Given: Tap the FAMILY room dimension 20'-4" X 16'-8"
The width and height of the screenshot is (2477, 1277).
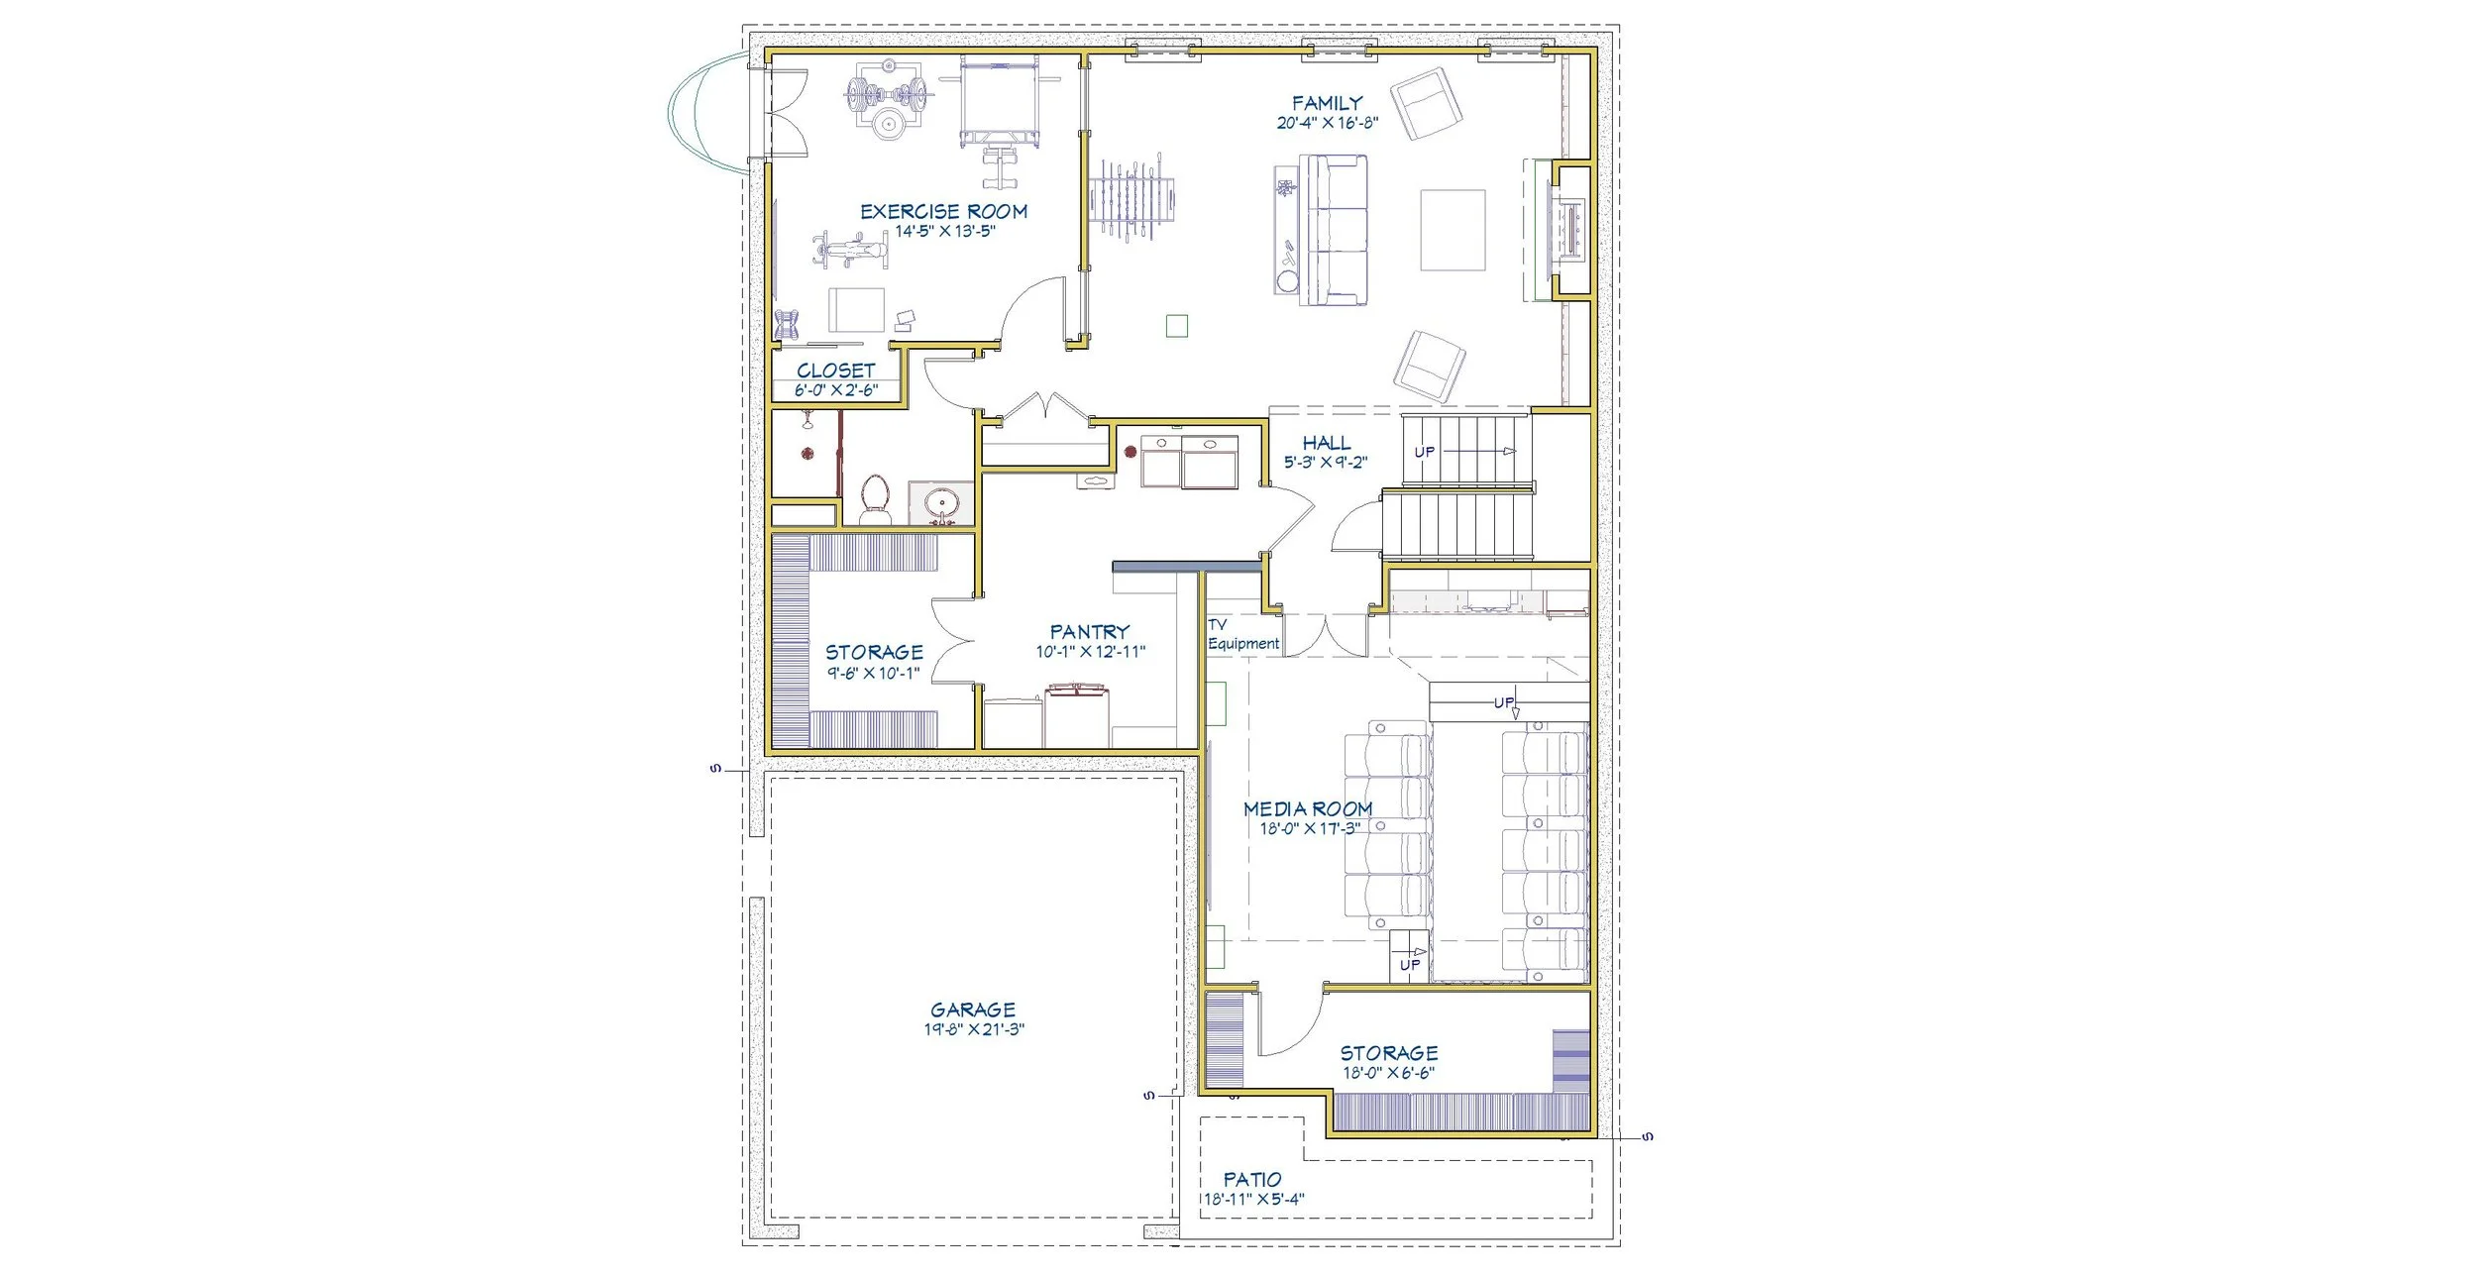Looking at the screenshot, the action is pyautogui.click(x=1327, y=124).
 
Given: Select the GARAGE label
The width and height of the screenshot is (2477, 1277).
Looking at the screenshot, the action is pyautogui.click(x=972, y=1010).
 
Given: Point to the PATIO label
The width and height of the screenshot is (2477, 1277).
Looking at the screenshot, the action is pyautogui.click(x=1251, y=1179).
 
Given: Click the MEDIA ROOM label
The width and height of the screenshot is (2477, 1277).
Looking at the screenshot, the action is pyautogui.click(x=1308, y=808).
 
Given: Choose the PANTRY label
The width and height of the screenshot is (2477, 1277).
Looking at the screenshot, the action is pyautogui.click(x=1090, y=631).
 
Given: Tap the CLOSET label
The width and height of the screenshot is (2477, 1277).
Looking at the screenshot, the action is pyautogui.click(x=835, y=371).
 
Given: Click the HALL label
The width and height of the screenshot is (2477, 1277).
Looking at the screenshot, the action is pyautogui.click(x=1326, y=443).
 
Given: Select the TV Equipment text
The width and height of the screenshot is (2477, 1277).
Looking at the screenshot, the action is pyautogui.click(x=1243, y=634).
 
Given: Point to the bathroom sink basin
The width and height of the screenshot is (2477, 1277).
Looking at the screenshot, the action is pyautogui.click(x=939, y=504).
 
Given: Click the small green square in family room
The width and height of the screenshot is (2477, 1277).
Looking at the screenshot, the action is pyautogui.click(x=1176, y=325).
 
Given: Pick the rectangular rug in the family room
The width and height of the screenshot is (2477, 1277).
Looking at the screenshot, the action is pyautogui.click(x=1453, y=230).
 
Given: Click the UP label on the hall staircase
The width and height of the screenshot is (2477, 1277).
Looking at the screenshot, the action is pyautogui.click(x=1424, y=452).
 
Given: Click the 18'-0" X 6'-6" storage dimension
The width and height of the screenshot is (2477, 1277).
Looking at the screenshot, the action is pyautogui.click(x=1389, y=1072).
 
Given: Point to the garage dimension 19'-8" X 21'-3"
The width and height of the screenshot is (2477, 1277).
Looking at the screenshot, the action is pyautogui.click(x=973, y=1029).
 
